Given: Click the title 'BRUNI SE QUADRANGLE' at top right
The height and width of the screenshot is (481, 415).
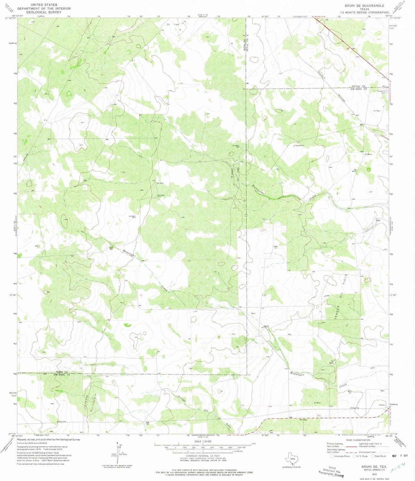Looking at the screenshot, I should [x=364, y=6].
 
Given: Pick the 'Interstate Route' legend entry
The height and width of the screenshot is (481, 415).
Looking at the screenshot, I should [x=341, y=456].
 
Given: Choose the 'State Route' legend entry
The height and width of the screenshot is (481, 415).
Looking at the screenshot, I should [x=379, y=456].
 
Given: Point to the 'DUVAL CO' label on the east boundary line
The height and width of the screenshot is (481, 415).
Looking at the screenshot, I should [x=359, y=86].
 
